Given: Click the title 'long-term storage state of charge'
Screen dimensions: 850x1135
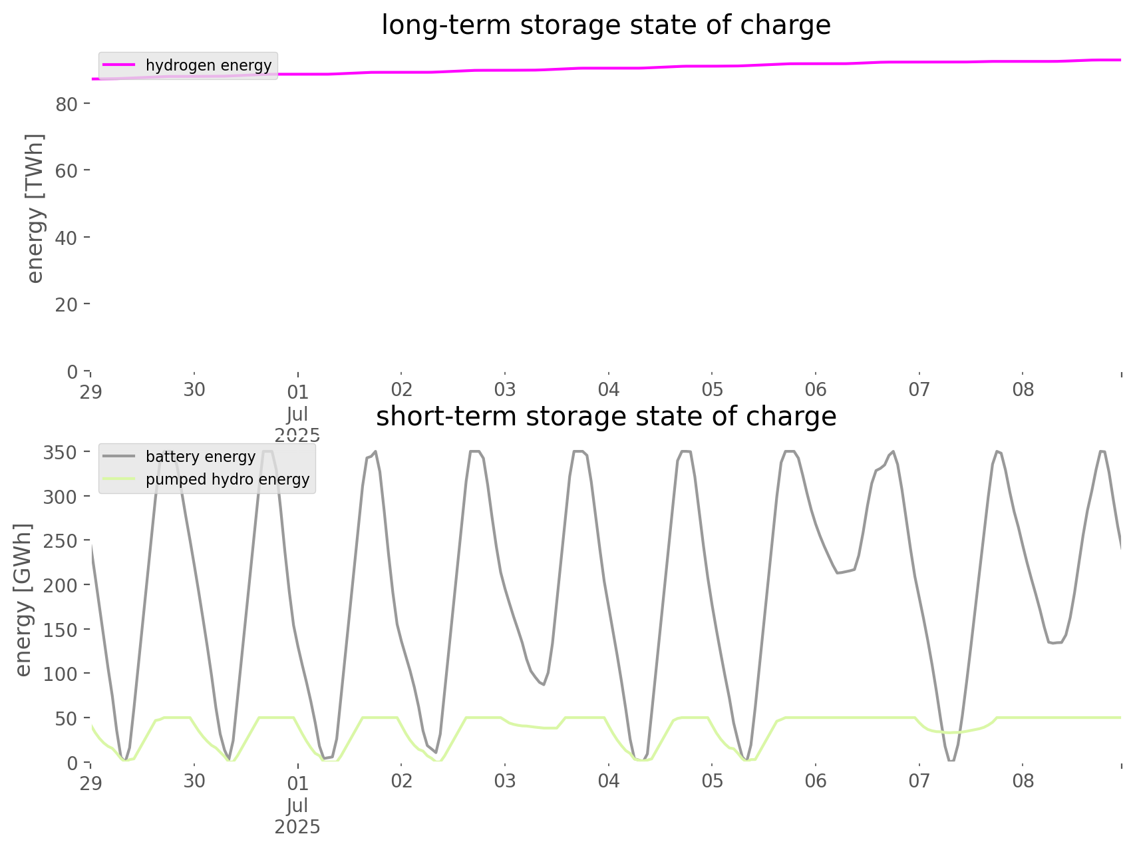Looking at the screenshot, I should click(x=605, y=25).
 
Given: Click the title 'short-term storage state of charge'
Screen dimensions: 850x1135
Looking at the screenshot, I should click(x=605, y=417).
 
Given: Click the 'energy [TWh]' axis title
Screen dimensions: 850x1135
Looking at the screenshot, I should click(x=35, y=208).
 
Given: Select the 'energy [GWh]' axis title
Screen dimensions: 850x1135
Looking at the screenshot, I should click(x=23, y=599).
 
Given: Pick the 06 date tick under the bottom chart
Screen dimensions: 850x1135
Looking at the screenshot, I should click(x=816, y=781).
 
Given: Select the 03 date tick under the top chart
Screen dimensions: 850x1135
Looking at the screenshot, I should click(x=505, y=389).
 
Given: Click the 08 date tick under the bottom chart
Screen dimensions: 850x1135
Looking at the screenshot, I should click(x=1023, y=781).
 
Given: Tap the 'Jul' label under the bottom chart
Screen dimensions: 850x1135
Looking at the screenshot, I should click(x=297, y=806).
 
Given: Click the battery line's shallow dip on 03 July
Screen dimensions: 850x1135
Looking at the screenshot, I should click(x=544, y=684).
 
